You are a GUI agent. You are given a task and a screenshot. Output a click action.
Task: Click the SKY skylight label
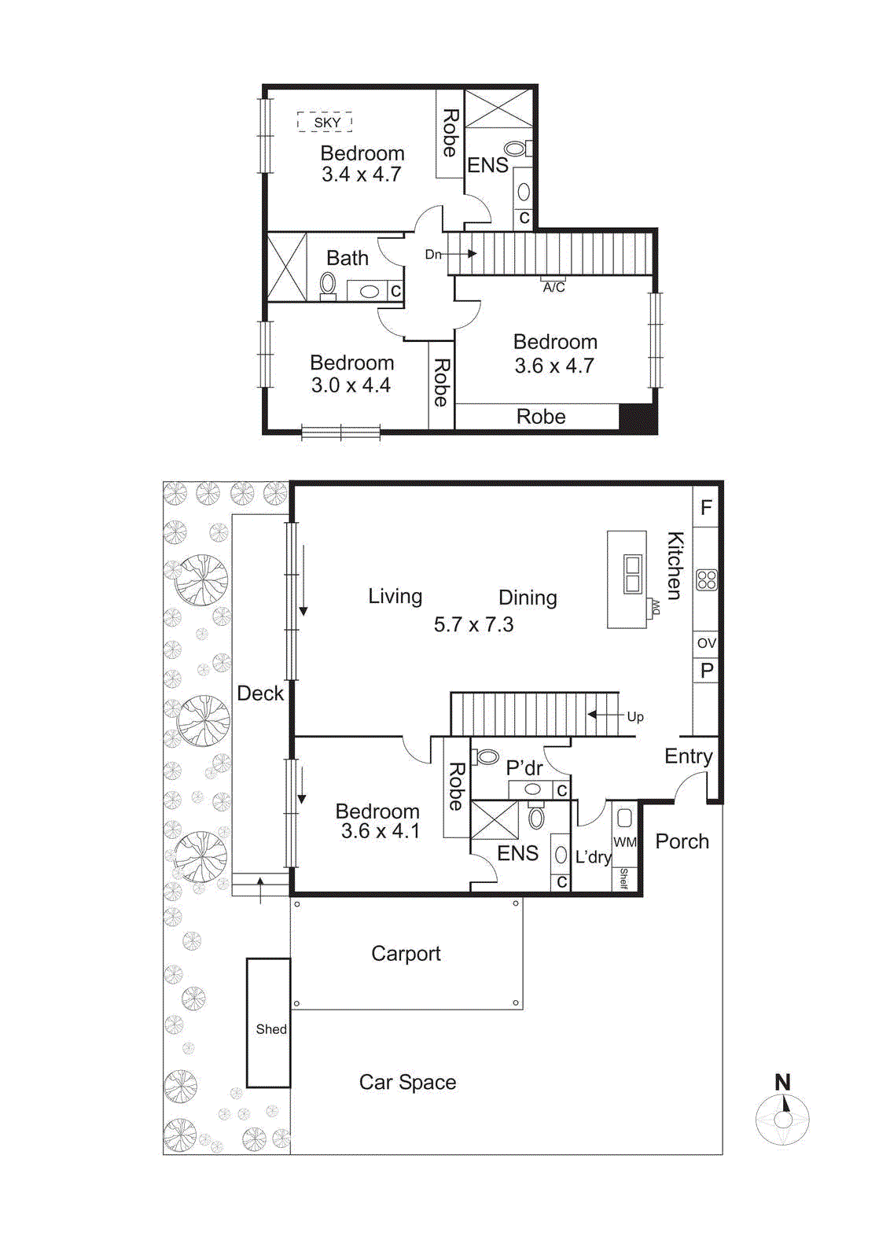(x=325, y=123)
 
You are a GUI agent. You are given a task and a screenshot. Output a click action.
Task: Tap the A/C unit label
(x=553, y=287)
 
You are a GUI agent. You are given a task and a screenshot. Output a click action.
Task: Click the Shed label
(x=270, y=1028)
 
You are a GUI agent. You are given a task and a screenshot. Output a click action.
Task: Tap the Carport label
(x=406, y=954)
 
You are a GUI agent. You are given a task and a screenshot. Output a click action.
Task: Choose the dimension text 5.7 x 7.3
(x=473, y=624)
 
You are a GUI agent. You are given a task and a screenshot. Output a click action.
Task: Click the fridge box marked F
(x=706, y=507)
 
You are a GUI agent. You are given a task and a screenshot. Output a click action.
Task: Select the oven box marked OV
(x=706, y=643)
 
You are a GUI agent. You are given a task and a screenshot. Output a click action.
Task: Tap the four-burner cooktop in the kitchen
(x=706, y=580)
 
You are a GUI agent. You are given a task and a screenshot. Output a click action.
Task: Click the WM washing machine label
(x=625, y=842)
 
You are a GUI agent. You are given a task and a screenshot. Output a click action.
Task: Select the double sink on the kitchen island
(x=632, y=573)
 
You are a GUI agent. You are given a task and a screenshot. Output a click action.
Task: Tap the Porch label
(x=682, y=841)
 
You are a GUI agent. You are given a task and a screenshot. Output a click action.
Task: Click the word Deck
(x=260, y=693)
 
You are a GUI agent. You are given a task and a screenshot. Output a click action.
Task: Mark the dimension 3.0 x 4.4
(x=351, y=385)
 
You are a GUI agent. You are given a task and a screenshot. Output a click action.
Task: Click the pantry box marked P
(x=706, y=671)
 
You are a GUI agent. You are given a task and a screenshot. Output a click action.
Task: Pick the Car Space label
(x=407, y=1083)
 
